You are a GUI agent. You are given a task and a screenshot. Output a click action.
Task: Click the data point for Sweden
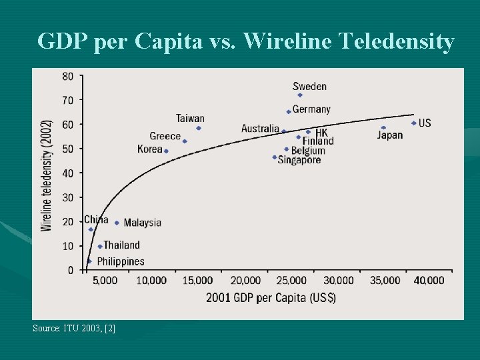pyautogui.click(x=300, y=95)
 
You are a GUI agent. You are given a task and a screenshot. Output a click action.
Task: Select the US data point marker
pyautogui.click(x=413, y=123)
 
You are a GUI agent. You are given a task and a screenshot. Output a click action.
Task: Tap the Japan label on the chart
pyautogui.click(x=390, y=135)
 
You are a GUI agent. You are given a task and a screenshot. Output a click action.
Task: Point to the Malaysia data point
pyautogui.click(x=117, y=223)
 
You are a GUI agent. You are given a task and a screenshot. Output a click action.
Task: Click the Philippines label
pyautogui.click(x=120, y=262)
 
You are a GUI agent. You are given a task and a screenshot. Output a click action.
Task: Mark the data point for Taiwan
pyautogui.click(x=199, y=128)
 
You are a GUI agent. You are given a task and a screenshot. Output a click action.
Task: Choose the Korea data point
pyautogui.click(x=166, y=151)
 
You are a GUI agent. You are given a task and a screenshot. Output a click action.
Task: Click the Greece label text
pyautogui.click(x=165, y=136)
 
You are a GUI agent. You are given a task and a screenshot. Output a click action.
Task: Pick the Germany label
pyautogui.click(x=311, y=109)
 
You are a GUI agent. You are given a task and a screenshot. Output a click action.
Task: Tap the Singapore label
pyautogui.click(x=299, y=160)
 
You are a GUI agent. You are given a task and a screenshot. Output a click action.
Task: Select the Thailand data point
pyautogui.click(x=100, y=247)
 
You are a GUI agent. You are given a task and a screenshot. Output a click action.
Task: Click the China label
pyautogui.click(x=96, y=219)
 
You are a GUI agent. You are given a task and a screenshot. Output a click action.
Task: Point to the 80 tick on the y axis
pyautogui.click(x=68, y=76)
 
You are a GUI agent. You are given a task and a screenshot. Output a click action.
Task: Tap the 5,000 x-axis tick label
pyautogui.click(x=105, y=281)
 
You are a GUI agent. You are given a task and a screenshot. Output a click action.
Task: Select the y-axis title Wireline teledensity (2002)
pyautogui.click(x=47, y=175)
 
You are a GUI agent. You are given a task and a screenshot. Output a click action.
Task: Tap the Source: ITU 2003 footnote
pyautogui.click(x=74, y=328)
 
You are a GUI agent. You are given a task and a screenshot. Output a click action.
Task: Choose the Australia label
pyautogui.click(x=260, y=129)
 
